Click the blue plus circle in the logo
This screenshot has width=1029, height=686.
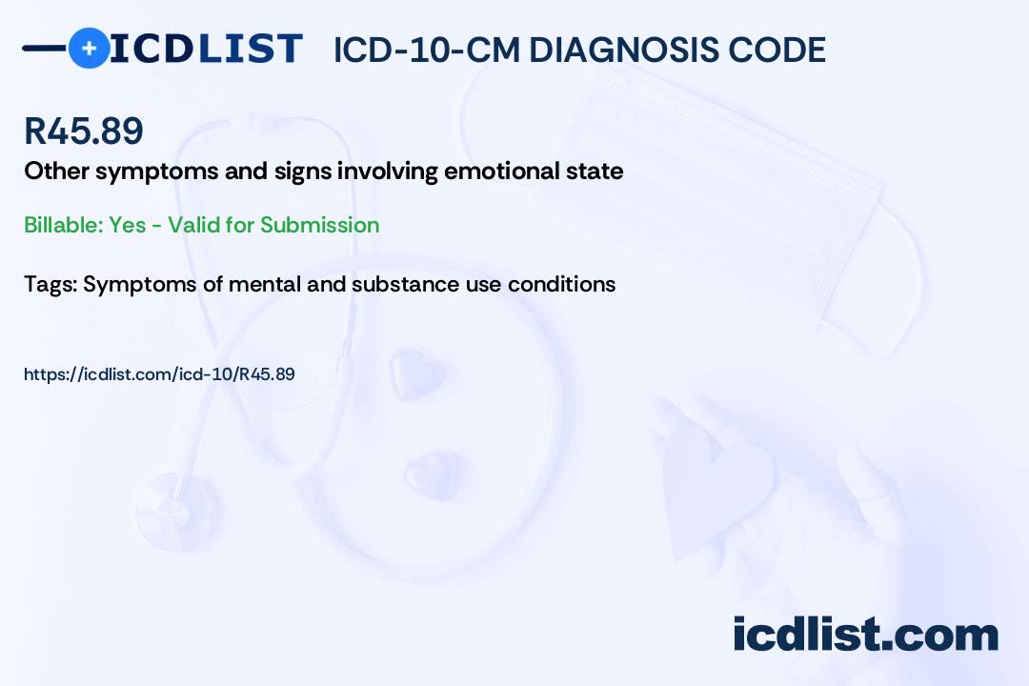tap(89, 49)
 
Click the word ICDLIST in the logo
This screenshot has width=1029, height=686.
tap(206, 49)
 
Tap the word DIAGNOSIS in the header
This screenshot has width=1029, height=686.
tap(620, 50)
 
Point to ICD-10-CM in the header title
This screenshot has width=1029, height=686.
tap(427, 50)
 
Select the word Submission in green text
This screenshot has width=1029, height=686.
tap(319, 225)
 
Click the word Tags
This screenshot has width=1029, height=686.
tap(50, 284)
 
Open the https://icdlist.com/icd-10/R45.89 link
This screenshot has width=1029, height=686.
tap(159, 374)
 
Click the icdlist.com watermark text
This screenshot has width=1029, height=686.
tap(865, 634)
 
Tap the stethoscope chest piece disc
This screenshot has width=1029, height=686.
tap(177, 512)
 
